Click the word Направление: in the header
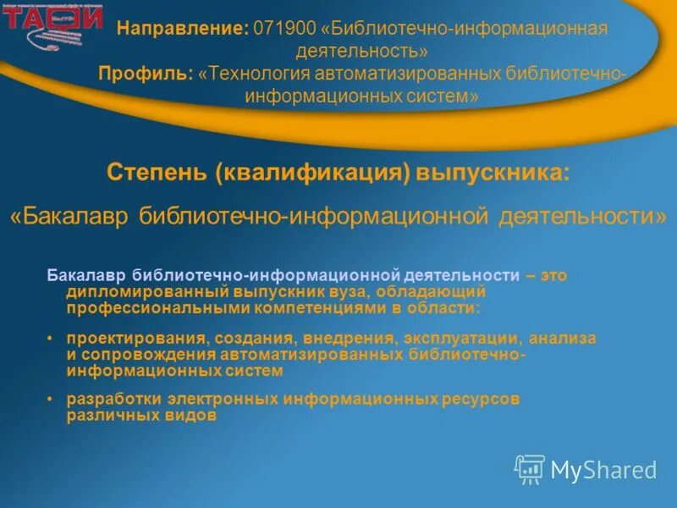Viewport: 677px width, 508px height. pos(182,29)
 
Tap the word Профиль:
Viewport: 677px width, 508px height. pos(146,74)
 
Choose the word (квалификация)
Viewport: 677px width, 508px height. pos(312,173)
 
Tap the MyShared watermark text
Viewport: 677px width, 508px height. pos(603,470)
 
